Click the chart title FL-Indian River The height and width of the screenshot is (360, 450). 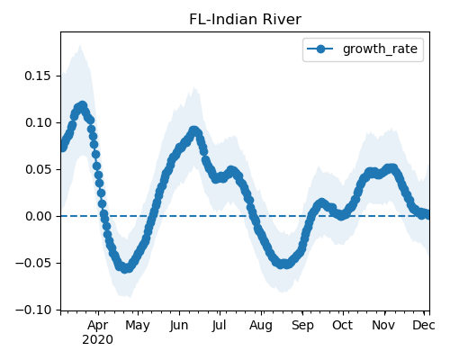pyautogui.click(x=245, y=20)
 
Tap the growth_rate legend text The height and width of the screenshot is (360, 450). pyautogui.click(x=380, y=49)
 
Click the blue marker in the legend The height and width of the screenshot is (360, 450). pyautogui.click(x=320, y=49)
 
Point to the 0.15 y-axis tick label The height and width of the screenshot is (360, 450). pyautogui.click(x=38, y=76)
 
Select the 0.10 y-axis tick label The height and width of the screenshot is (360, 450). pyautogui.click(x=38, y=122)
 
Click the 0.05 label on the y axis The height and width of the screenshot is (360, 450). pyautogui.click(x=38, y=169)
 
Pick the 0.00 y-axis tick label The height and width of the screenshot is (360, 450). pyautogui.click(x=38, y=216)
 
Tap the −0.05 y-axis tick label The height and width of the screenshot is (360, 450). pyautogui.click(x=33, y=263)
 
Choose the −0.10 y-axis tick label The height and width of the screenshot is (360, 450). pyautogui.click(x=33, y=310)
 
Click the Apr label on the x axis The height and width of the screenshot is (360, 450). pyautogui.click(x=98, y=326)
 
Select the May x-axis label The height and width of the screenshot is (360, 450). pyautogui.click(x=138, y=326)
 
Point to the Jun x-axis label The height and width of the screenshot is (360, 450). pyautogui.click(x=179, y=326)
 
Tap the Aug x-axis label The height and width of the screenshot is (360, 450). pyautogui.click(x=261, y=326)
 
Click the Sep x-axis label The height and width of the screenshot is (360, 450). pyautogui.click(x=302, y=326)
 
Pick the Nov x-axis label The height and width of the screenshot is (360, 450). pyautogui.click(x=383, y=326)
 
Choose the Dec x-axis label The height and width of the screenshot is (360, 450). pyautogui.click(x=424, y=326)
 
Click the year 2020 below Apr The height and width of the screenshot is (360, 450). pyautogui.click(x=98, y=340)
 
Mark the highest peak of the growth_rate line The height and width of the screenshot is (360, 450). pyautogui.click(x=82, y=106)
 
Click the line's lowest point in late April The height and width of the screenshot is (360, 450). pyautogui.click(x=126, y=268)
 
